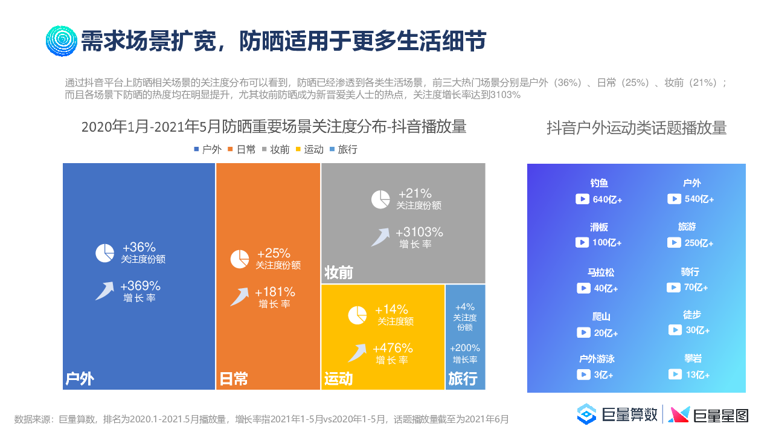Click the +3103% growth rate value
tap(419, 232)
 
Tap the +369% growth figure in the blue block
tap(140, 286)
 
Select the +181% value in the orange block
tap(275, 292)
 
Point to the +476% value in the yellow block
tap(393, 348)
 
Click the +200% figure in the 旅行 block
tap(465, 348)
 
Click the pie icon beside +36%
tap(104, 253)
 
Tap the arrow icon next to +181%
tap(240, 296)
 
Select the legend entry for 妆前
tap(275, 149)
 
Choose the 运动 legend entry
tap(309, 149)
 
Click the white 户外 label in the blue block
tap(80, 379)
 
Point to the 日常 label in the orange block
tap(234, 379)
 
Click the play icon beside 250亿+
tap(674, 242)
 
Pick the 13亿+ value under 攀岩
tap(698, 375)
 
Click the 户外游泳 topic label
tap(597, 359)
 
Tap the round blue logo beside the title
tap(61, 40)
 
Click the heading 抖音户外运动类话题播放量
tap(637, 127)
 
